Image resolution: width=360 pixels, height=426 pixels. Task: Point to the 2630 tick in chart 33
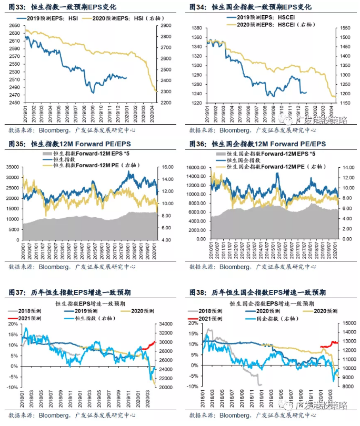pos(15,33)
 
